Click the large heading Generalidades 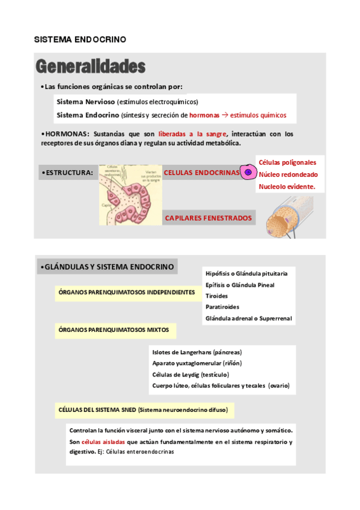tap(90, 66)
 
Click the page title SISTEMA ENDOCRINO tap(79, 39)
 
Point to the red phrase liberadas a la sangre tap(192, 134)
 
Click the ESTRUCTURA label tap(67, 173)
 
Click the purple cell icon tap(247, 173)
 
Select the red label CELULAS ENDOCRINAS tap(201, 173)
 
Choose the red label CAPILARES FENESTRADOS tap(209, 218)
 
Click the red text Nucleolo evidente tap(287, 187)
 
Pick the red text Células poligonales tap(287, 162)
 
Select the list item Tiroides tap(216, 296)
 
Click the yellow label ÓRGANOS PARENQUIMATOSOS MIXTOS tap(114, 330)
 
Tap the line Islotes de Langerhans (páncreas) tap(201, 352)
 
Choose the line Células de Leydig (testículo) tap(190, 374)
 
